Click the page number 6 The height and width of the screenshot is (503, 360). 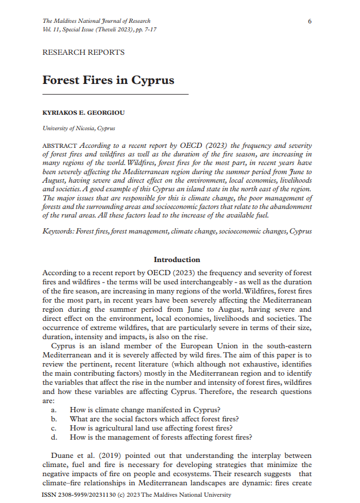[309, 21]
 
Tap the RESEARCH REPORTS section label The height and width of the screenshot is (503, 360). [83, 53]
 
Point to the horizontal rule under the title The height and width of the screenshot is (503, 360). [115, 94]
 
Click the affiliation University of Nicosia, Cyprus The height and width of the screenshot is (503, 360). [79, 129]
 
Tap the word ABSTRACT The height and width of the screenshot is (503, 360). [60, 146]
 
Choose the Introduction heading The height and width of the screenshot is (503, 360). [177, 260]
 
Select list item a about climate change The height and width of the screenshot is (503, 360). [145, 409]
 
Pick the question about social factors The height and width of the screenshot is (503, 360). [153, 419]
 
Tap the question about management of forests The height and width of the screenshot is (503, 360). [161, 437]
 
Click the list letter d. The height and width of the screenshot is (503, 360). [54, 437]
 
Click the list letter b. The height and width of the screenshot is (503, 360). [54, 419]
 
